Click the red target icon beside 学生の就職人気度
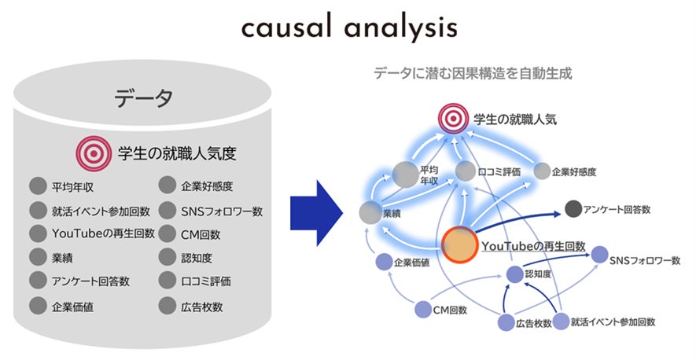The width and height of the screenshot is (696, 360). coord(92,152)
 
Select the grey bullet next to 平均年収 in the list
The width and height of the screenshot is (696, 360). coord(38,186)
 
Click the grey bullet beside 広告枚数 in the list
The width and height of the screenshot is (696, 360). coord(168,305)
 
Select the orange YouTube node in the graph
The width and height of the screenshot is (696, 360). coord(460,246)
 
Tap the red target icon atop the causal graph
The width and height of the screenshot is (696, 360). coord(453,120)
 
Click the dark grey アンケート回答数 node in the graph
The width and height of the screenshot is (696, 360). coord(574,210)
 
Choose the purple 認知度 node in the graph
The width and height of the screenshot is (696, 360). coord(514,274)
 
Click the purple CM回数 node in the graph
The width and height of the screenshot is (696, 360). coord(423,310)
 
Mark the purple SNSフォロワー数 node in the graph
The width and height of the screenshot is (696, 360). coord(599,255)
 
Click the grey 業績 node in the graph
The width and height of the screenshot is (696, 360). coord(370,212)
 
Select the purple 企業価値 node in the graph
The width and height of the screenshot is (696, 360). coord(383,262)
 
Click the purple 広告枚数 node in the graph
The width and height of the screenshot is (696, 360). coord(506,321)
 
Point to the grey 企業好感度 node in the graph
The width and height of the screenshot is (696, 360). coord(543,170)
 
